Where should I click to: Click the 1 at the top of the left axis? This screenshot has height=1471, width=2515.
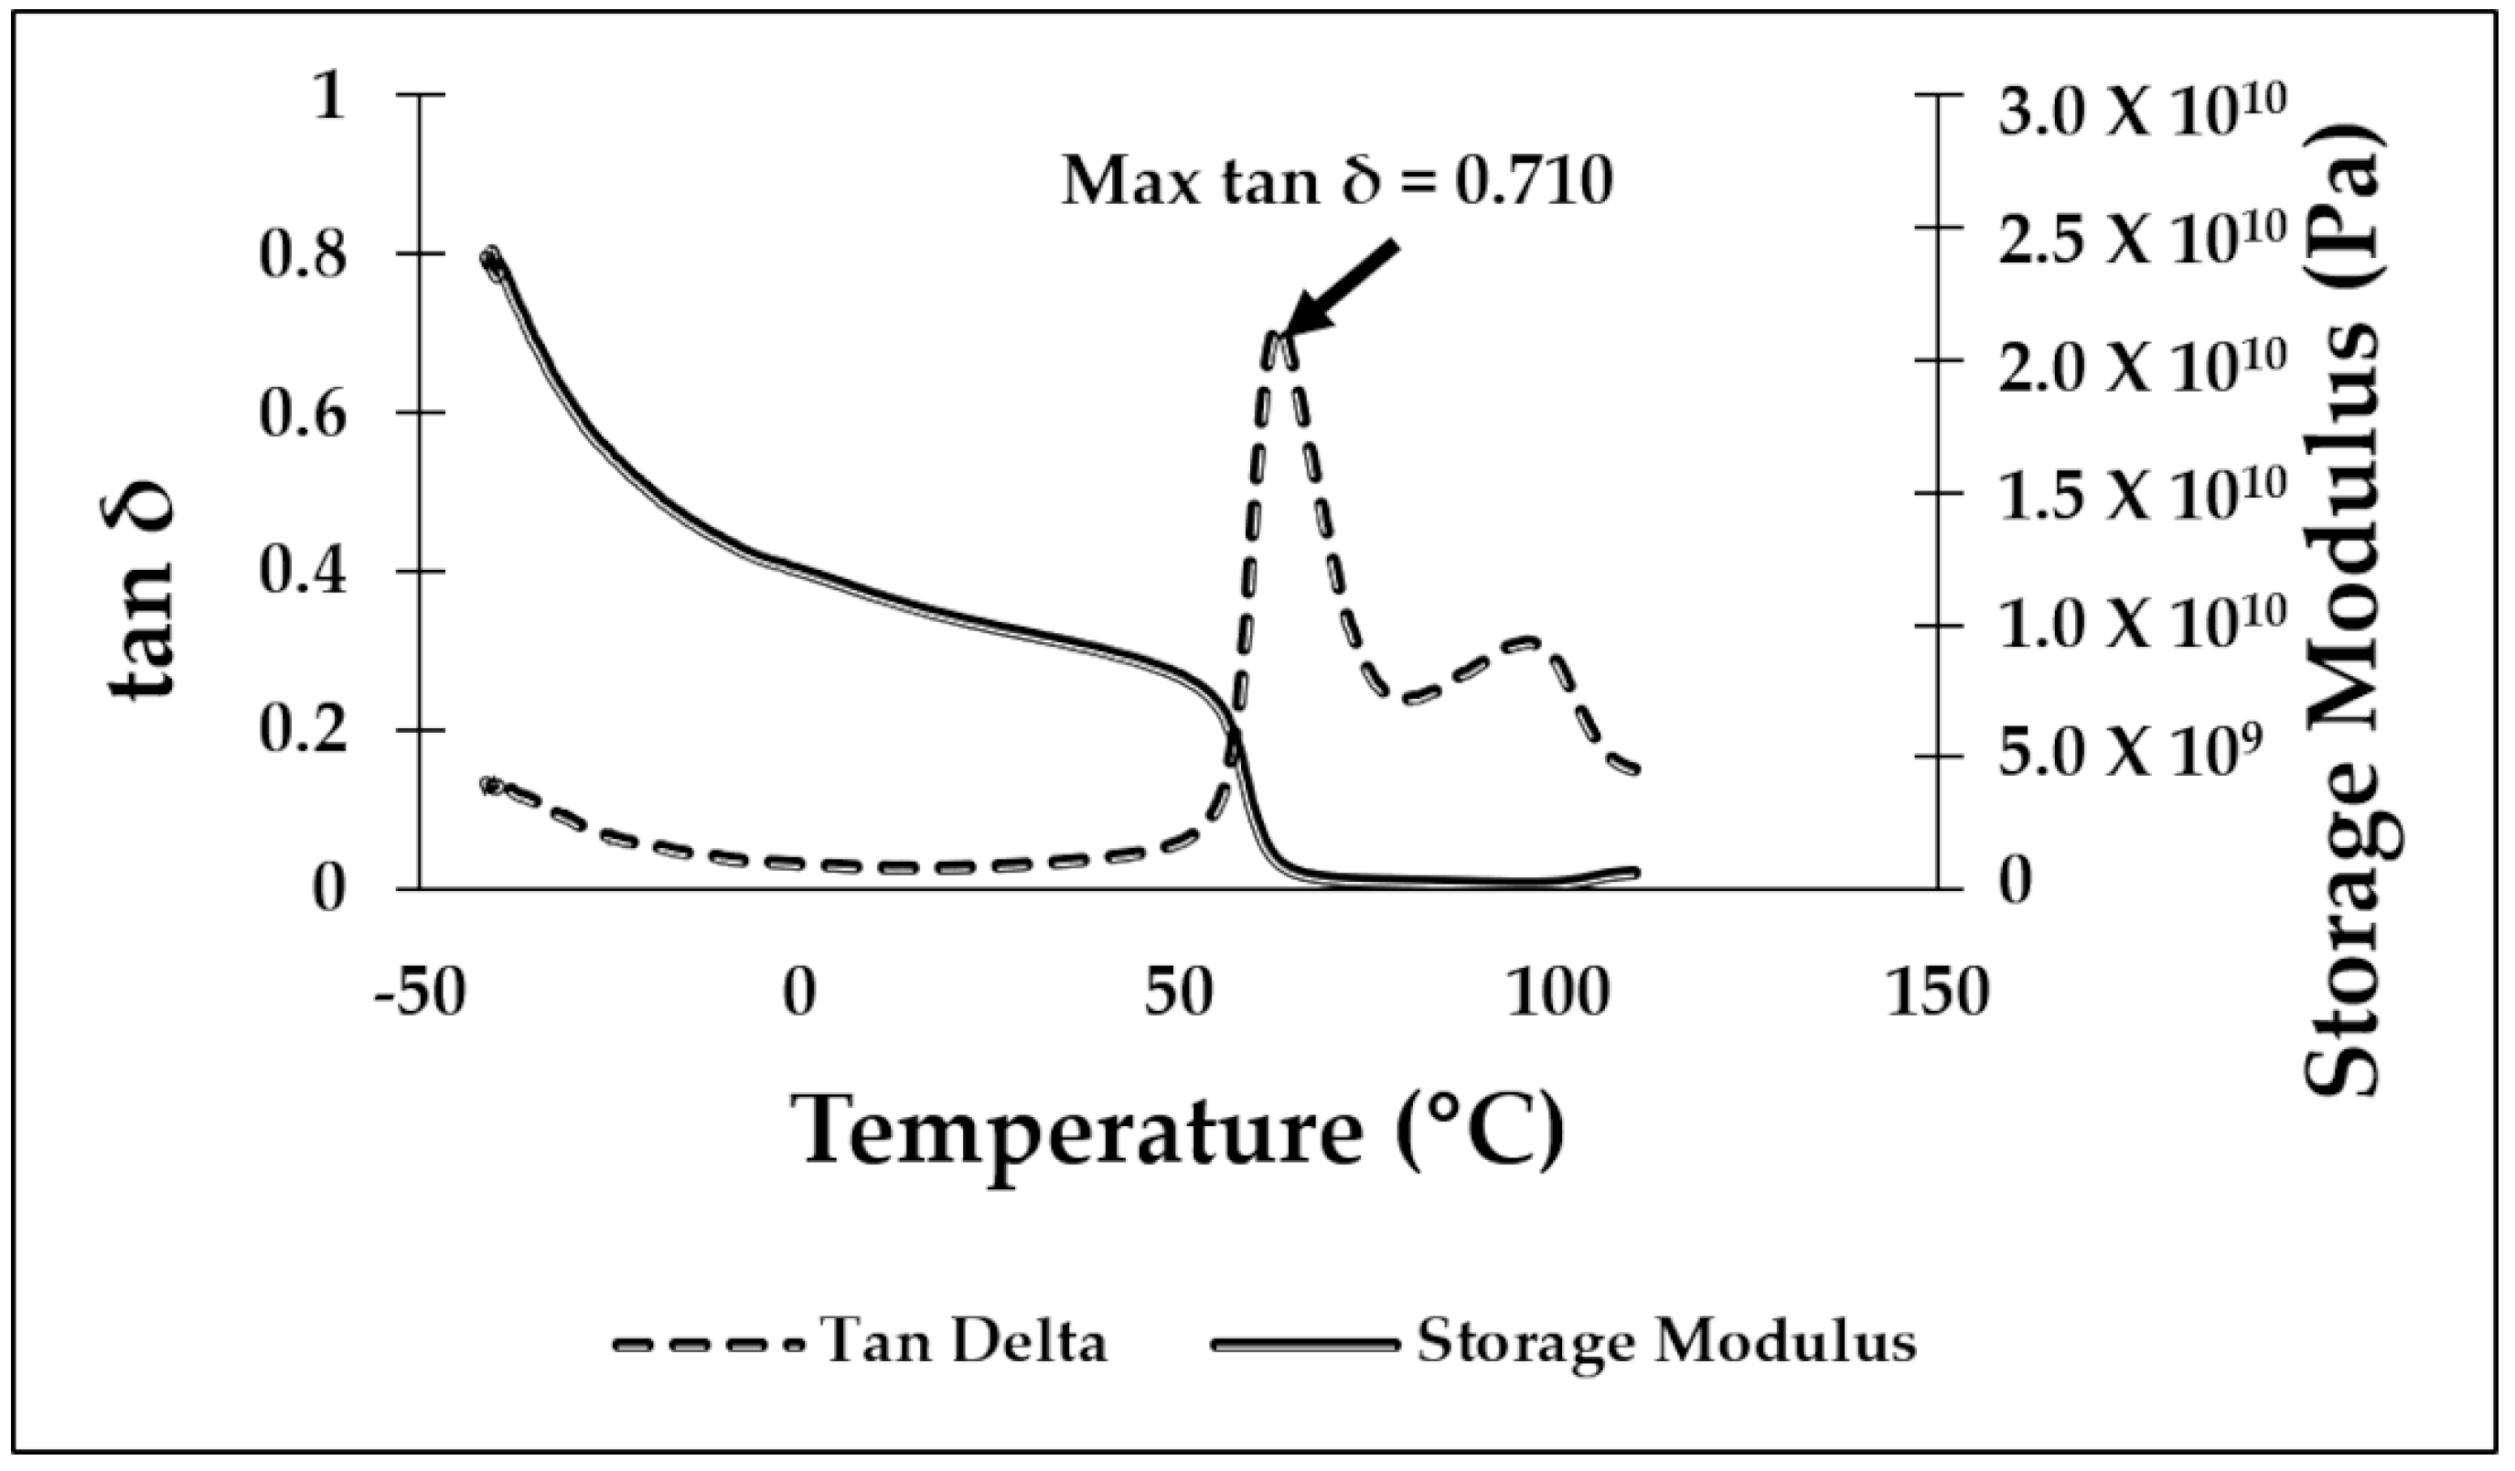[328, 98]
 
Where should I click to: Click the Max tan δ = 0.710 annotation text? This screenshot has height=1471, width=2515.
[1337, 183]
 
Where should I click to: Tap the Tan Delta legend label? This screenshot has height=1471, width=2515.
[964, 1342]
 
